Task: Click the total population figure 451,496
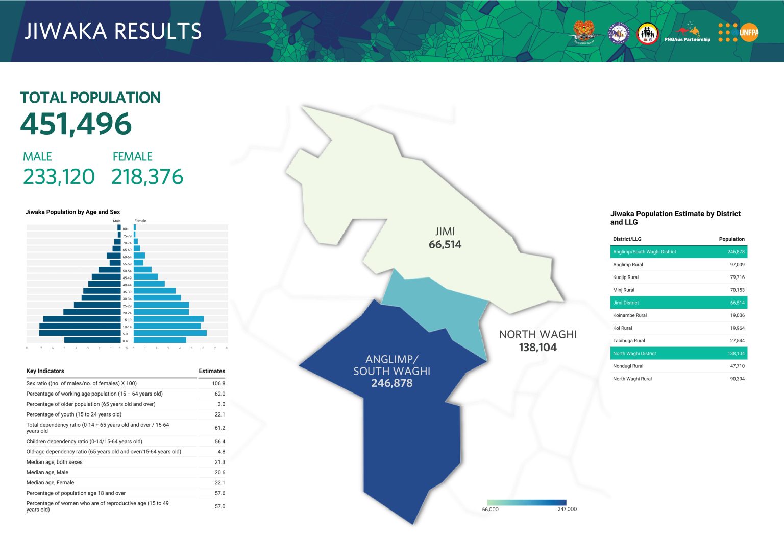pyautogui.click(x=76, y=124)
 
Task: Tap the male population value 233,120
pyautogui.click(x=59, y=177)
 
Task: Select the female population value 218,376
pyautogui.click(x=147, y=177)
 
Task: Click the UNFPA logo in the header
pyautogui.click(x=739, y=32)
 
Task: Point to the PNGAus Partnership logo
pyautogui.click(x=687, y=34)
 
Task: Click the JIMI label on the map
pyautogui.click(x=445, y=232)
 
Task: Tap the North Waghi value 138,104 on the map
pyautogui.click(x=537, y=348)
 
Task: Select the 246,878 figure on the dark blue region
pyautogui.click(x=391, y=383)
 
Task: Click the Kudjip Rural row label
pyautogui.click(x=626, y=277)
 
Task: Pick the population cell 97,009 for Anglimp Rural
pyautogui.click(x=737, y=265)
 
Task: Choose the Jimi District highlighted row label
pyautogui.click(x=626, y=303)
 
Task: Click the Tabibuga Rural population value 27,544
pyautogui.click(x=737, y=341)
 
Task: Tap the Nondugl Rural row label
pyautogui.click(x=628, y=366)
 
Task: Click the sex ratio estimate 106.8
pyautogui.click(x=218, y=383)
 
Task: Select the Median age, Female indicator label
pyautogui.click(x=50, y=482)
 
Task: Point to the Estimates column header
pyautogui.click(x=212, y=371)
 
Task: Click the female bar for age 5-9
pyautogui.click(x=170, y=333)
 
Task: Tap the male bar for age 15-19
pyautogui.click(x=82, y=319)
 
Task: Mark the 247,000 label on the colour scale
pyautogui.click(x=567, y=509)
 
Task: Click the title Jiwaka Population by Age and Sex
pyautogui.click(x=72, y=212)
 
